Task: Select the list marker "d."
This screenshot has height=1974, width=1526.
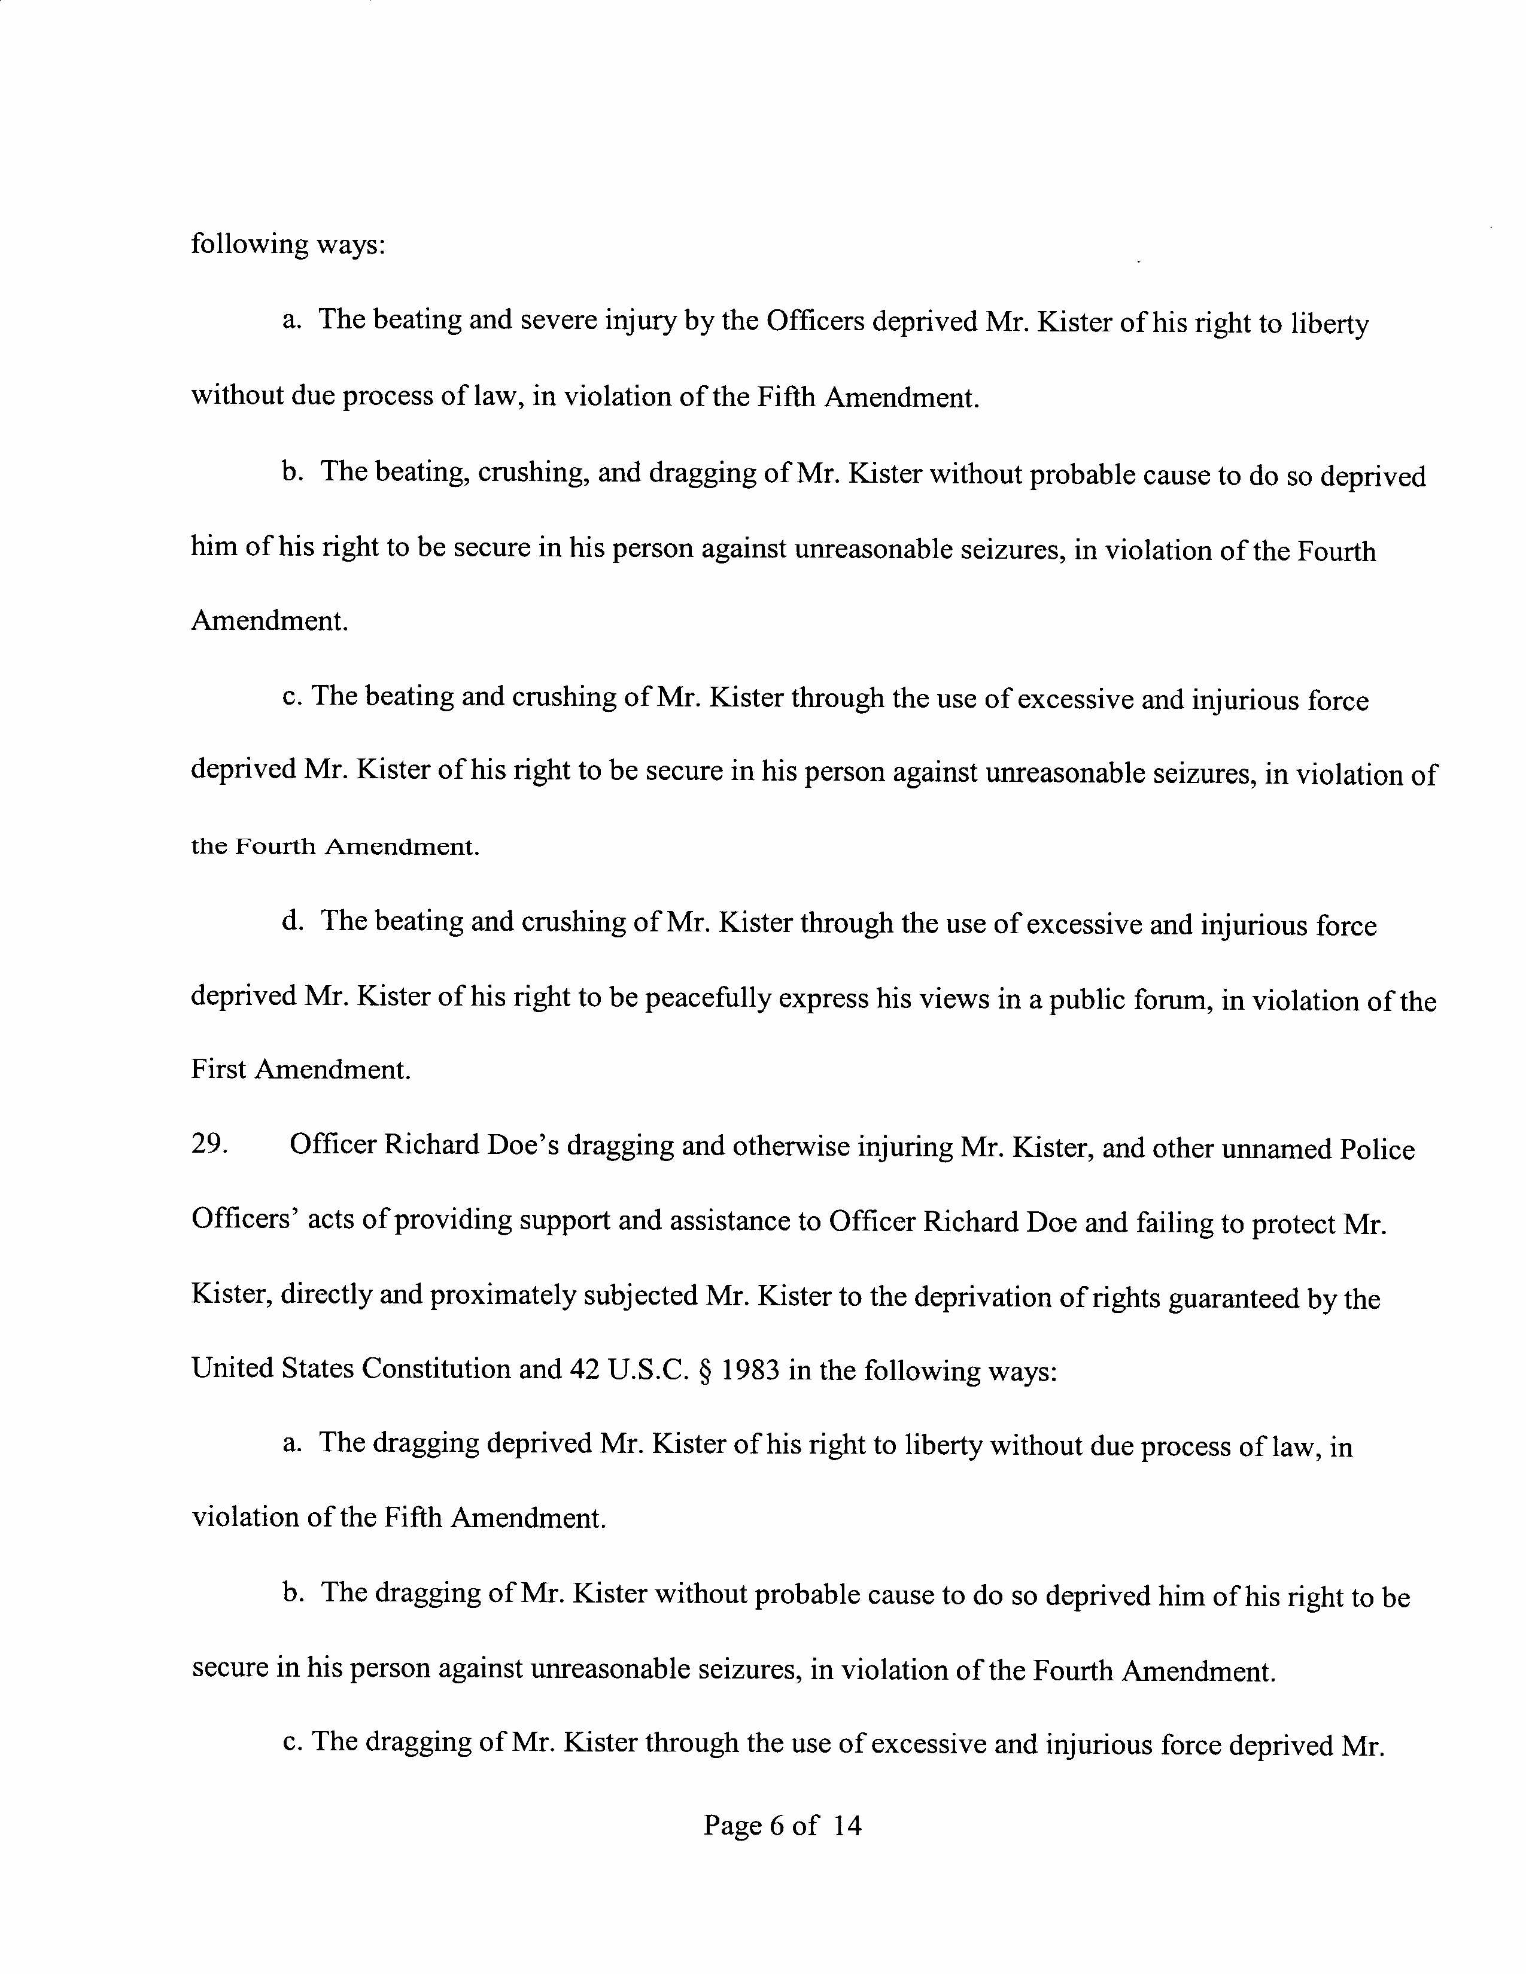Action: tap(291, 921)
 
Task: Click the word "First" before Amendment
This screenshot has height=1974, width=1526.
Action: tap(218, 1070)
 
